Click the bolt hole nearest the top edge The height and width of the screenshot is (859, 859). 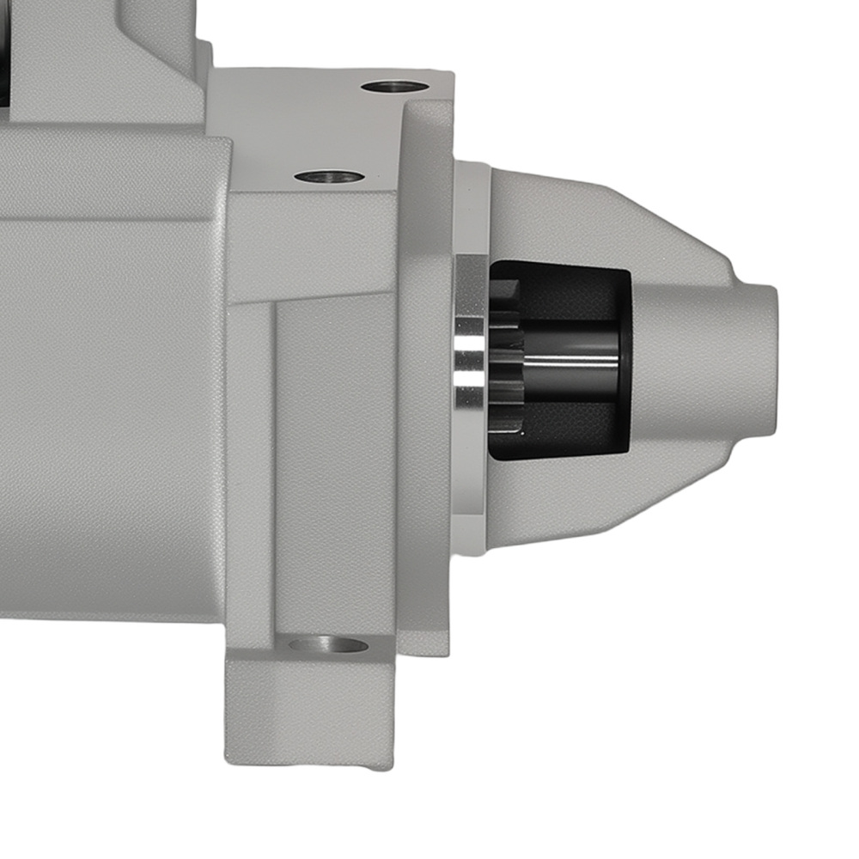394,87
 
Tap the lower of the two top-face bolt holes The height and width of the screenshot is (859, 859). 329,177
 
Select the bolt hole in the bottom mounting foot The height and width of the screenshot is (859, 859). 328,645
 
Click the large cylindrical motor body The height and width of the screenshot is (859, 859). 112,412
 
